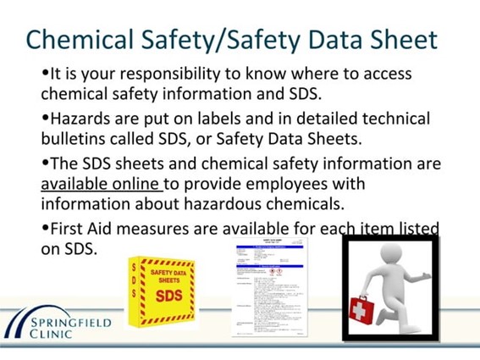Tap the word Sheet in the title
pyautogui.click(x=401, y=40)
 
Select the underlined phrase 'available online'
pyautogui.click(x=101, y=184)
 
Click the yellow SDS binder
pyautogui.click(x=161, y=292)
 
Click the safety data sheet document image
pyautogui.click(x=269, y=288)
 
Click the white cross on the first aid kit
pyautogui.click(x=361, y=310)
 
